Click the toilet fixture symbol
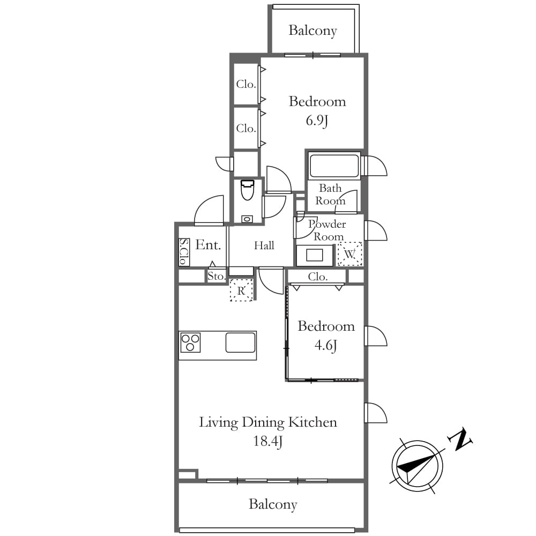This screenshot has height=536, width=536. point(248,190)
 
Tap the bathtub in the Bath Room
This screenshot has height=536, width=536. point(333,166)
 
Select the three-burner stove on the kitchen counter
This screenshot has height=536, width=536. point(190,343)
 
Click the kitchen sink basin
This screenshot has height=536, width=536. point(240,343)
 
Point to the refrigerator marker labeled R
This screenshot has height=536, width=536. point(241,290)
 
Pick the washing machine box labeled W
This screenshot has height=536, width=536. point(349,254)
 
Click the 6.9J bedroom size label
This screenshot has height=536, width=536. point(317,121)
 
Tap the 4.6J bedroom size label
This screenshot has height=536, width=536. point(326,345)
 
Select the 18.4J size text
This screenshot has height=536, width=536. point(267,441)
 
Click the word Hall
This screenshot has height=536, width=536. point(264,245)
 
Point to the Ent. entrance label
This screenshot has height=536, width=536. point(208,245)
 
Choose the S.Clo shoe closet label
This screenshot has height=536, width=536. point(184,251)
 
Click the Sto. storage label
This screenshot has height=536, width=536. point(216,276)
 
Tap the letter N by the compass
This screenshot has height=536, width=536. point(460,439)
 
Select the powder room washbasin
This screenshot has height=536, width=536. point(315,255)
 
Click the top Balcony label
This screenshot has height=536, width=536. point(312,31)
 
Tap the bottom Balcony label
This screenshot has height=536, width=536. point(273,504)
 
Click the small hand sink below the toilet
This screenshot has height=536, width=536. point(247,219)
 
